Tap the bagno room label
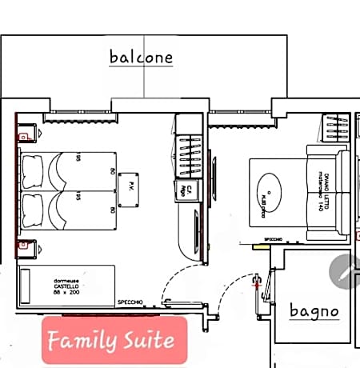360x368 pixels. tap(314, 310)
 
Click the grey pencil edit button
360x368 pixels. tap(346, 272)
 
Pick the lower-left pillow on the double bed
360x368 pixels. tap(34, 210)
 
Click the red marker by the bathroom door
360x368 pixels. tap(256, 279)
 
